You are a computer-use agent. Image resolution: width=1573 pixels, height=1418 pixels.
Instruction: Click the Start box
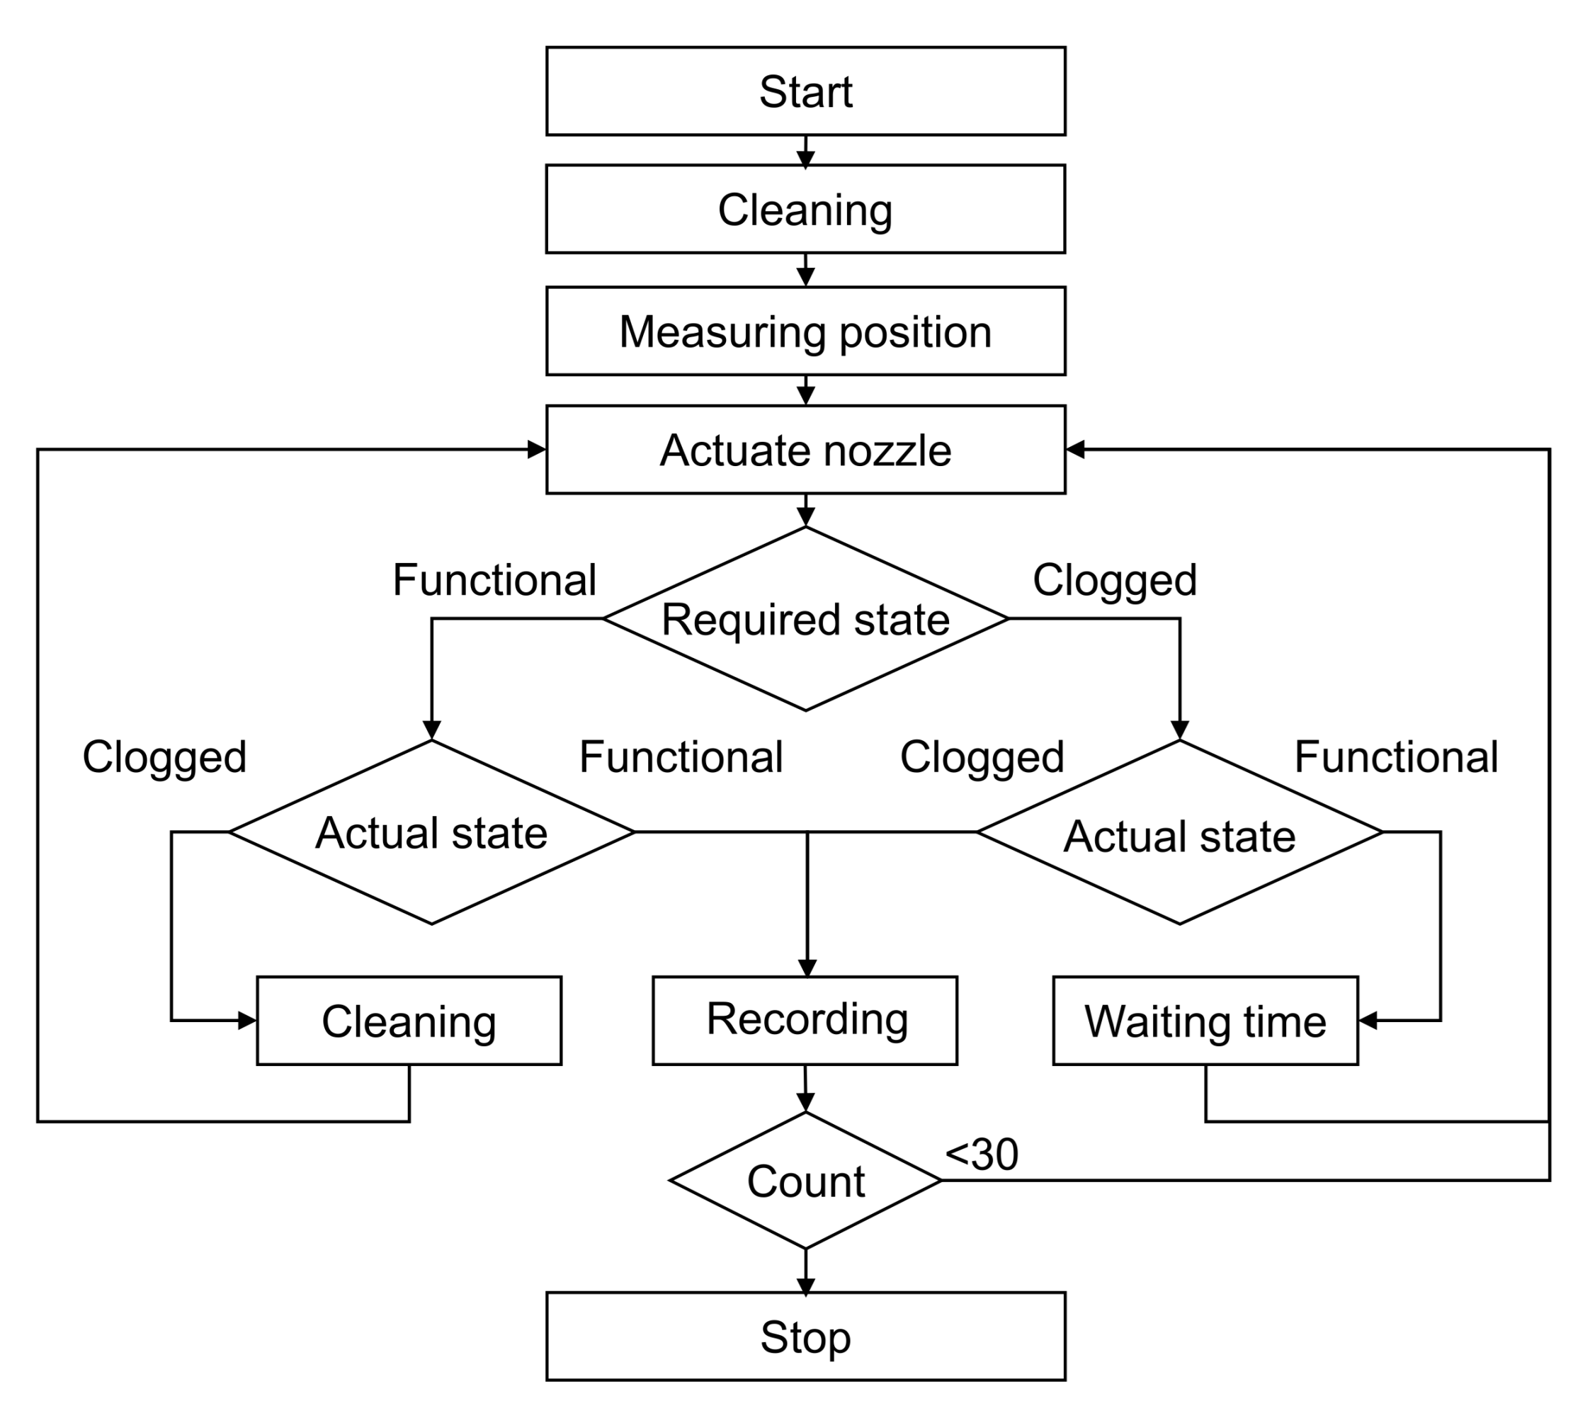[x=805, y=91]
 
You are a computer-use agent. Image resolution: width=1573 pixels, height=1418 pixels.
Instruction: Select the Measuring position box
[x=805, y=331]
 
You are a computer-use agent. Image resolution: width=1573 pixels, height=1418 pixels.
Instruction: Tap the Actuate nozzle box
[x=805, y=450]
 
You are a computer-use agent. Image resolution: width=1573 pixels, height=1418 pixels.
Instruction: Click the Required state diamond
[x=805, y=619]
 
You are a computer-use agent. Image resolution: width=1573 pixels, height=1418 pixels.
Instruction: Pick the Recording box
[x=805, y=1020]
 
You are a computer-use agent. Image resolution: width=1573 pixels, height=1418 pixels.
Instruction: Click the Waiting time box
[x=1205, y=1020]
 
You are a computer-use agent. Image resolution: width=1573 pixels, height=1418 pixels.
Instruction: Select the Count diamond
[x=805, y=1180]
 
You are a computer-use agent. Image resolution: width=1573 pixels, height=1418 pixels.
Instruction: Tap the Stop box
[x=805, y=1337]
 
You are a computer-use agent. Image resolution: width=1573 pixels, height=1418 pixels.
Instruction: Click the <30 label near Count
[x=981, y=1154]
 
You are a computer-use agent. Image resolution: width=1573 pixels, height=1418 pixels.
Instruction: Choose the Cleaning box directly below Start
[x=805, y=209]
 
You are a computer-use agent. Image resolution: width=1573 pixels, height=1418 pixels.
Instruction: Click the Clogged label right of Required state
[x=1114, y=581]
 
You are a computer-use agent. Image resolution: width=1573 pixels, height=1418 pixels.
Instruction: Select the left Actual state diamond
[x=431, y=832]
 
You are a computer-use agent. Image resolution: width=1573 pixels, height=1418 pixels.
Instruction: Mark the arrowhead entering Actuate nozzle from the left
[x=537, y=450]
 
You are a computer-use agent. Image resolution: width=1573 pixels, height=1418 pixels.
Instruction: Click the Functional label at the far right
[x=1395, y=756]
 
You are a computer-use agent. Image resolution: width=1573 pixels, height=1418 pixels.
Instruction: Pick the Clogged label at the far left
[x=164, y=756]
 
